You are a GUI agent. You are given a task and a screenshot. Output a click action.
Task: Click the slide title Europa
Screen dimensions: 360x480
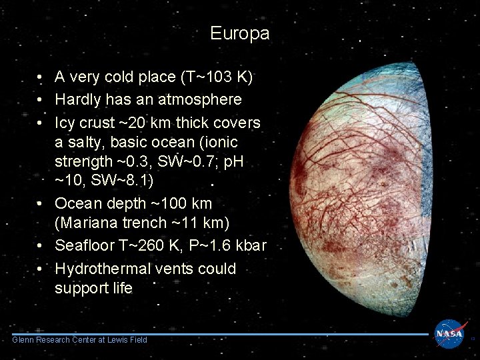pyautogui.click(x=239, y=33)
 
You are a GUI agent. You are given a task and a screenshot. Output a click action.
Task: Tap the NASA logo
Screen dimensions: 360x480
pyautogui.click(x=451, y=333)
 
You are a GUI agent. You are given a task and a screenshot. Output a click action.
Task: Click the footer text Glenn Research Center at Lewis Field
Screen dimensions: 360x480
pyautogui.click(x=79, y=340)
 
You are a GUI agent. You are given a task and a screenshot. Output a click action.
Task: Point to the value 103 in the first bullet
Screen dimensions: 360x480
pyautogui.click(x=216, y=77)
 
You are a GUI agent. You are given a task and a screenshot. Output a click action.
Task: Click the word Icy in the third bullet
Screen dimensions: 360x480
pyautogui.click(x=65, y=123)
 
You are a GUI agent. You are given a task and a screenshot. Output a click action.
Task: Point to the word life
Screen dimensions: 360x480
pyautogui.click(x=121, y=288)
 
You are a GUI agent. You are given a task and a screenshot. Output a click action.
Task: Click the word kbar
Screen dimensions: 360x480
pyautogui.click(x=250, y=245)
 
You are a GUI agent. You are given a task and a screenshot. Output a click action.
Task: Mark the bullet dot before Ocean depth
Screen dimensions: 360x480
pyautogui.click(x=41, y=203)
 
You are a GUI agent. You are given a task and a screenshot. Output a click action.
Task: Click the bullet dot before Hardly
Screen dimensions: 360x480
pyautogui.click(x=41, y=100)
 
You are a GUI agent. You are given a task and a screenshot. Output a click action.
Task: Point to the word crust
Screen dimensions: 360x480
pyautogui.click(x=99, y=123)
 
